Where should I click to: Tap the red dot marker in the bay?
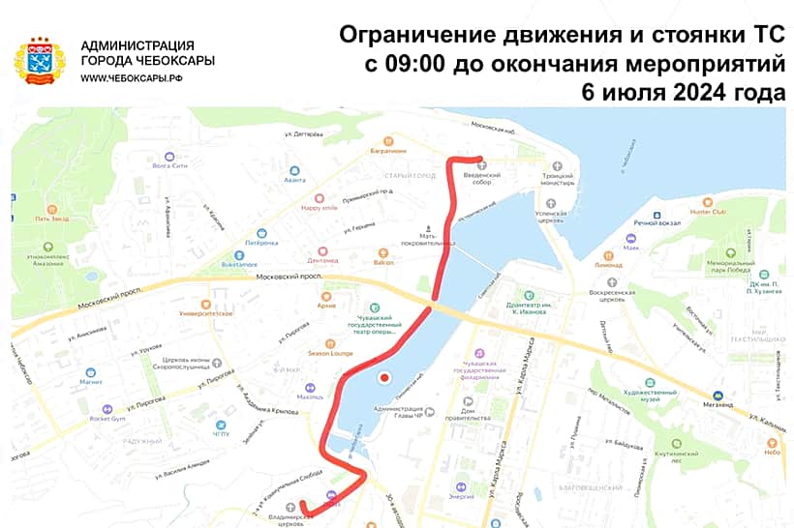[x=384, y=377]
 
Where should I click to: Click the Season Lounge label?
[x=328, y=353]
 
